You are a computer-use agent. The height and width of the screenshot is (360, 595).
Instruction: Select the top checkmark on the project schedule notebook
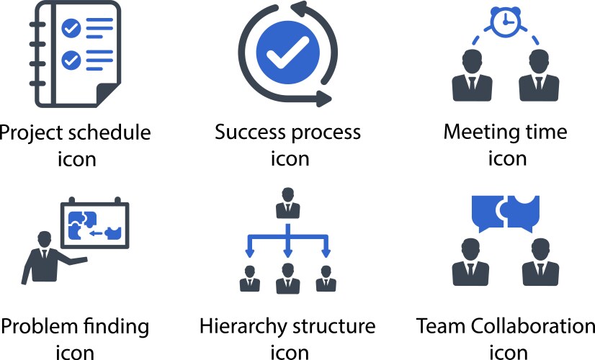tap(71, 28)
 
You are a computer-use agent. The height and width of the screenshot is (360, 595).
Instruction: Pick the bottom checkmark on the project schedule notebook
tap(71, 60)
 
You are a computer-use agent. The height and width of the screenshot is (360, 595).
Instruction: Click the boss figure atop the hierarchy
tap(288, 203)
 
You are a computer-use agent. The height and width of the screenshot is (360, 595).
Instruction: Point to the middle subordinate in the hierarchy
tap(288, 279)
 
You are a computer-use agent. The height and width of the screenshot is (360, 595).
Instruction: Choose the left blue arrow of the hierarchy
tap(250, 251)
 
